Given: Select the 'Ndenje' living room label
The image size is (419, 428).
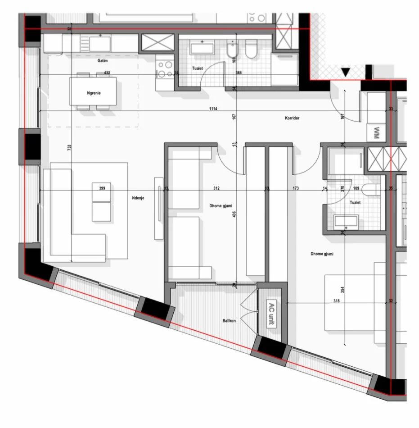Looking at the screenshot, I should point(138,197).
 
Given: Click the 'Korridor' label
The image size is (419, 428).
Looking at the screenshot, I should point(292,118).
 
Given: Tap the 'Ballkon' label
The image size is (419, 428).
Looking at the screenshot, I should point(229,322).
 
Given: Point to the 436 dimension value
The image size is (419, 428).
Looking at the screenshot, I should point(234,214).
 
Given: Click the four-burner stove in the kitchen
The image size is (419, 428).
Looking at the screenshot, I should point(164,69).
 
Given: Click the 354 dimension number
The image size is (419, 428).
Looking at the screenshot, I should point(342,290).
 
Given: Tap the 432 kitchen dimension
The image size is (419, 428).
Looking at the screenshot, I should point(107,72).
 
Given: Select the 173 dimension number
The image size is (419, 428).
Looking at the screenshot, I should point(295,188).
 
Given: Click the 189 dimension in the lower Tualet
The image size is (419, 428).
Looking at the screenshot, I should point(356,188).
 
